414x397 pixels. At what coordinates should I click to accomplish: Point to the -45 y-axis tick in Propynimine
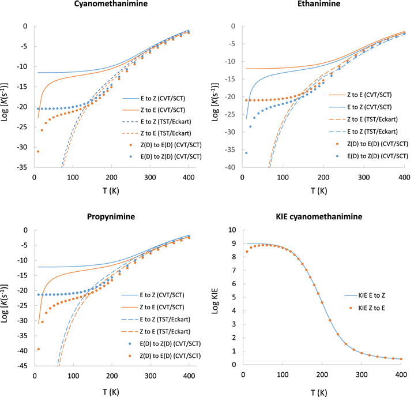click(x=22, y=365)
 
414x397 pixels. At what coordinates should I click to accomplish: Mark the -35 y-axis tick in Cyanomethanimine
click(x=22, y=167)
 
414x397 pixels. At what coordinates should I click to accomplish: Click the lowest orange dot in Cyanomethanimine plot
click(x=38, y=151)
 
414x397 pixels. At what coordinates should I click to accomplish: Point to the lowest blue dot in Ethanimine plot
click(x=246, y=153)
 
